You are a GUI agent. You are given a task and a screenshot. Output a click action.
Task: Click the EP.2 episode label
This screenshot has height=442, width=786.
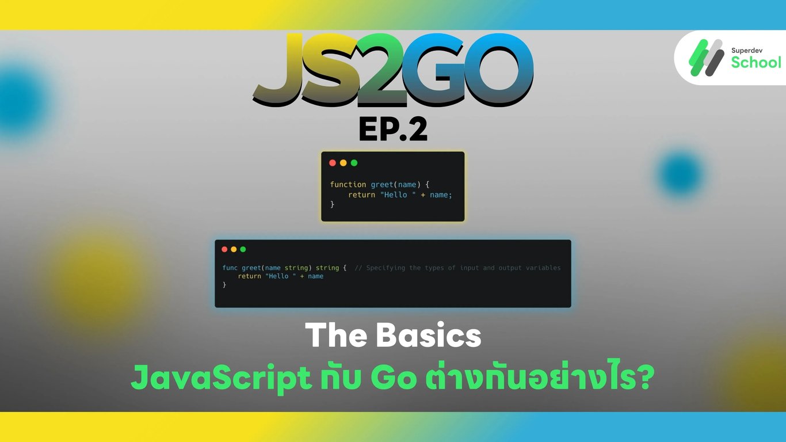click(393, 129)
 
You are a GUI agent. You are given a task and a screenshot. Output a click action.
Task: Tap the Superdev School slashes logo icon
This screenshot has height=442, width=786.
click(706, 58)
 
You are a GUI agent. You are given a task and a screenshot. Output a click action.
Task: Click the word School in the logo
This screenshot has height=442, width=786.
click(756, 62)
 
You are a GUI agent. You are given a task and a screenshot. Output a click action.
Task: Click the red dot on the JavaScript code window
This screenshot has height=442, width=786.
click(333, 163)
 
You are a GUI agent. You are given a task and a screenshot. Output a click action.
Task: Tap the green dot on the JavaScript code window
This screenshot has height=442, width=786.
click(354, 163)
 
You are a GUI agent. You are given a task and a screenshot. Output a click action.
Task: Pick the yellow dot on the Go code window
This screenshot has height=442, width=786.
click(234, 249)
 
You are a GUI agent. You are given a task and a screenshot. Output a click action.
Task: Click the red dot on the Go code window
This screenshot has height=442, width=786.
click(224, 249)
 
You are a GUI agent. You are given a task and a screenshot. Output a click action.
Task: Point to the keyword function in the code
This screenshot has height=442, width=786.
click(348, 185)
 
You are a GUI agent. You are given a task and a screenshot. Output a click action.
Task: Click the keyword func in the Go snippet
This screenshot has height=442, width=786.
click(230, 268)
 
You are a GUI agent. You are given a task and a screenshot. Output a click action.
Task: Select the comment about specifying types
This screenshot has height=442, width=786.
click(457, 268)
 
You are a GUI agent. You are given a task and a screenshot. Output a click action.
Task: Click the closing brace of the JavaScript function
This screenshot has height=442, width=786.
click(332, 204)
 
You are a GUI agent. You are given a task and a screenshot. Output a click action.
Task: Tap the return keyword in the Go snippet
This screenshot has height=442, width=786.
click(249, 276)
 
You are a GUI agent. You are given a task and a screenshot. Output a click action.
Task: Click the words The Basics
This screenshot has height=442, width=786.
click(393, 336)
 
